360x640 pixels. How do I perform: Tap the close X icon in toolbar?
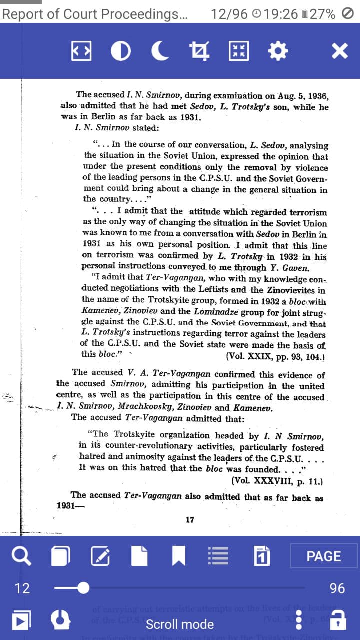point(339,51)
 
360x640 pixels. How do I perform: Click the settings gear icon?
point(278,51)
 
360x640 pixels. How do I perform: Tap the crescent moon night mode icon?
point(160,51)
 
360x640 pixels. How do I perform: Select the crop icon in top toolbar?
point(200,51)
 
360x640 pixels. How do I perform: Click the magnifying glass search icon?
point(21,556)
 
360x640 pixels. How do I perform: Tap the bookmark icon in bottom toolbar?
point(179,556)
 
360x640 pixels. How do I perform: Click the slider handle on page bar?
point(83,588)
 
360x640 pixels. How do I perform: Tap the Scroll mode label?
point(180,624)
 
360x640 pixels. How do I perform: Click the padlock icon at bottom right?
point(338,620)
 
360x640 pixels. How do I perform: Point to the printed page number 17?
point(190,520)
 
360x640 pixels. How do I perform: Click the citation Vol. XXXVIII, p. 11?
point(277,481)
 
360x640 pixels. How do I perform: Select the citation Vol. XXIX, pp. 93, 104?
point(275,357)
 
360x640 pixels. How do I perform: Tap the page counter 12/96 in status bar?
point(229,14)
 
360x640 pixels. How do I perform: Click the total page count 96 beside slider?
point(337,588)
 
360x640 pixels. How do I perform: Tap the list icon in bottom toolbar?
point(218,556)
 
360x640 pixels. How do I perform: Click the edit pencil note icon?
point(100,556)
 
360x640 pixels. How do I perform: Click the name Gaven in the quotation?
point(296,268)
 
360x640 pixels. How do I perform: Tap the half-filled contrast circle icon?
point(121,51)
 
